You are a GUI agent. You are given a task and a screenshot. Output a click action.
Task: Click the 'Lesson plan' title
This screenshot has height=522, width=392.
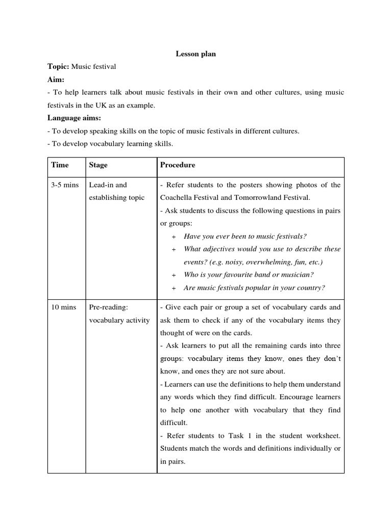[x=195, y=54]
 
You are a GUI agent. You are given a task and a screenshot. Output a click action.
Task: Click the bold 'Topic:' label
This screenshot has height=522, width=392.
[x=58, y=67]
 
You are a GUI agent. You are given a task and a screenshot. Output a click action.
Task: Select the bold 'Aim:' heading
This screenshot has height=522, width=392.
[x=56, y=80]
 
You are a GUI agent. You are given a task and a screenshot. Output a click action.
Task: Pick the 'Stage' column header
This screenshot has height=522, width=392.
[x=98, y=165]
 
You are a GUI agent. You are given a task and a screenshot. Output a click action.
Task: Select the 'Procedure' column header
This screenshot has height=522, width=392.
[x=177, y=165]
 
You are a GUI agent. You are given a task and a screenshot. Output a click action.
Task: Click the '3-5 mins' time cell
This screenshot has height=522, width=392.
[x=64, y=185]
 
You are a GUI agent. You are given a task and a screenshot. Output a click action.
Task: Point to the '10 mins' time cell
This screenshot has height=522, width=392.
[x=63, y=307]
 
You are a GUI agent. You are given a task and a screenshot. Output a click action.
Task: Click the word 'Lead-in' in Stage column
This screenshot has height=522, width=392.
[x=101, y=185]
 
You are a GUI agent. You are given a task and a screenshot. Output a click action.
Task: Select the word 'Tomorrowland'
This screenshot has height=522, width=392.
[x=253, y=198]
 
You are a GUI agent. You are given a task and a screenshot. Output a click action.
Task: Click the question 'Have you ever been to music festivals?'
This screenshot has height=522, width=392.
[x=245, y=236]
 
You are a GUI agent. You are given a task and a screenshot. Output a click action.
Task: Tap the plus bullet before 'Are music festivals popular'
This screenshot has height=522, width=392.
[x=174, y=288]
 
